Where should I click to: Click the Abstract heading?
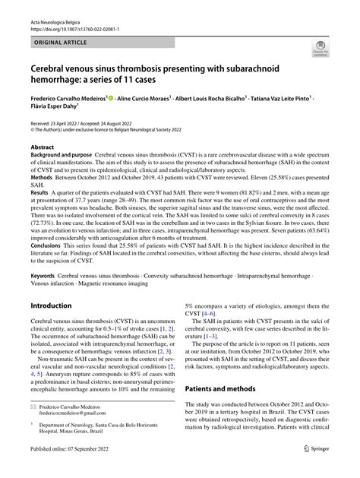click(x=43, y=147)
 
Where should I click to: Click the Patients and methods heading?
click(x=224, y=389)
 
